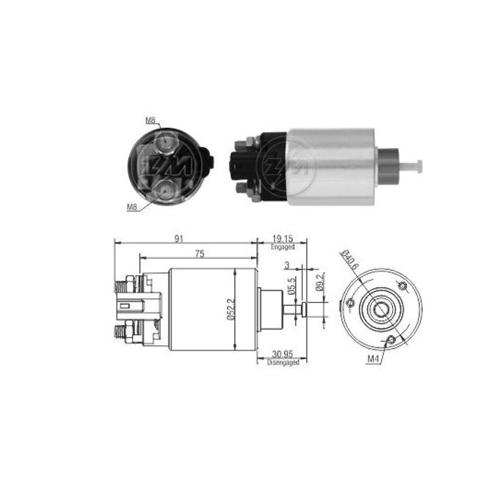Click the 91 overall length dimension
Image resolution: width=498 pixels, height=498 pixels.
point(178,239)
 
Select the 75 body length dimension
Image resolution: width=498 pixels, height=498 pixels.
point(199,254)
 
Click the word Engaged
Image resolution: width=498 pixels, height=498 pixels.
point(284,247)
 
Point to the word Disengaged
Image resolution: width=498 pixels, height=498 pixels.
point(284,362)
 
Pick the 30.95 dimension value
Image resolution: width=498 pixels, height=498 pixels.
point(284,355)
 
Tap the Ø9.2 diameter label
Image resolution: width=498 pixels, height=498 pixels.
point(320,282)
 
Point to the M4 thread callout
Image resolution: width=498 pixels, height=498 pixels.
point(373,358)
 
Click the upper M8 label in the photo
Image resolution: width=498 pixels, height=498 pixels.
point(150,120)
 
